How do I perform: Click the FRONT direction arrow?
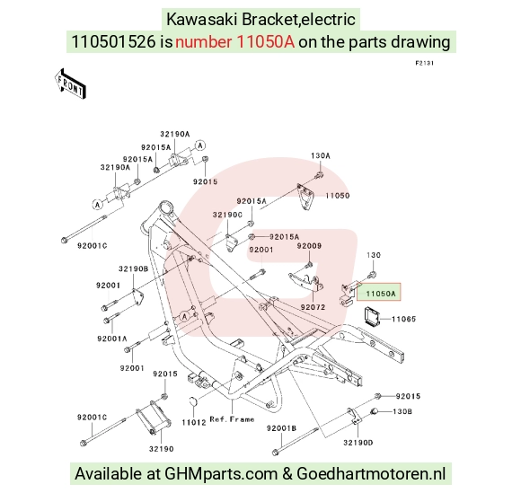pos(70,84)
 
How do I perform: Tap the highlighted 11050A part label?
pos(380,294)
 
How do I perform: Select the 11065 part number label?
pos(403,320)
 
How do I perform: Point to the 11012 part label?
pos(194,423)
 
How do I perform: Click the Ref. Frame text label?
pos(233,419)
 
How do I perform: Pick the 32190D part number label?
pos(358,443)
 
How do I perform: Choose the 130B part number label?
pos(402,411)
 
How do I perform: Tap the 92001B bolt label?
pos(281,428)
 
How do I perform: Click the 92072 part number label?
pos(313,307)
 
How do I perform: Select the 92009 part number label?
pos(309,246)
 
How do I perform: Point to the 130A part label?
pos(321,156)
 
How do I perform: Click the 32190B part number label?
pos(134,269)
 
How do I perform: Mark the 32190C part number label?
pos(227,216)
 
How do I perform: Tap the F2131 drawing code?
pos(425,63)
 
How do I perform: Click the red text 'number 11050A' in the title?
pos(235,42)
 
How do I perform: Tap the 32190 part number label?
pos(162,449)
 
